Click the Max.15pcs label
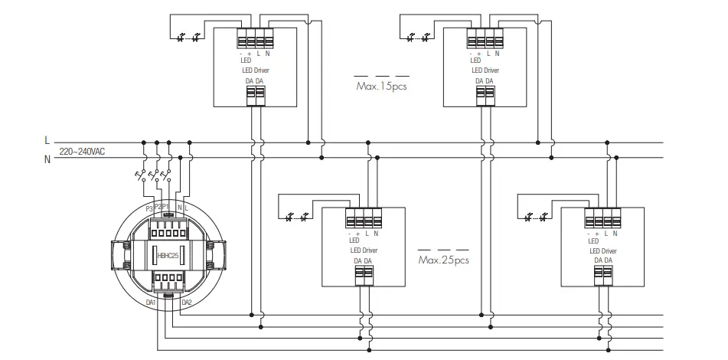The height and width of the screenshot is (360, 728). [x=381, y=87]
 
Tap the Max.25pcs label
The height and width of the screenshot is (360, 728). [x=443, y=260]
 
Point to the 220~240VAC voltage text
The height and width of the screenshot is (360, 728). [x=82, y=152]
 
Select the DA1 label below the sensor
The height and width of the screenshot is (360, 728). [x=151, y=302]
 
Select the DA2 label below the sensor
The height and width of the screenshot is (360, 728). [x=186, y=302]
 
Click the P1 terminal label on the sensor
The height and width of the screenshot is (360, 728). [x=165, y=207]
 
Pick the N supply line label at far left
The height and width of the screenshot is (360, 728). [x=47, y=159]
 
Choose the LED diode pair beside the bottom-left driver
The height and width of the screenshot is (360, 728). [x=297, y=217]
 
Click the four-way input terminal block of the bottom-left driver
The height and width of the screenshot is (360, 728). [x=363, y=218]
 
